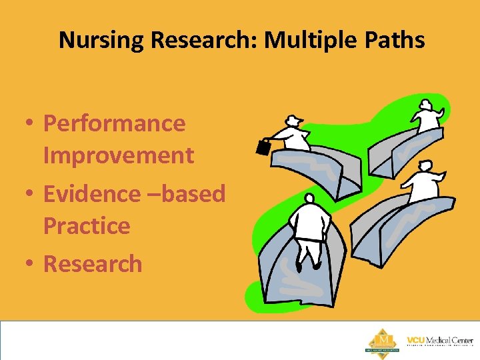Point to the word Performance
click(114, 123)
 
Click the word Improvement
click(118, 155)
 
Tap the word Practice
click(87, 226)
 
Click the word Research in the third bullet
click(93, 264)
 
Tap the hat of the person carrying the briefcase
click(293, 119)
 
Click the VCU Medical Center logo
click(439, 341)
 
